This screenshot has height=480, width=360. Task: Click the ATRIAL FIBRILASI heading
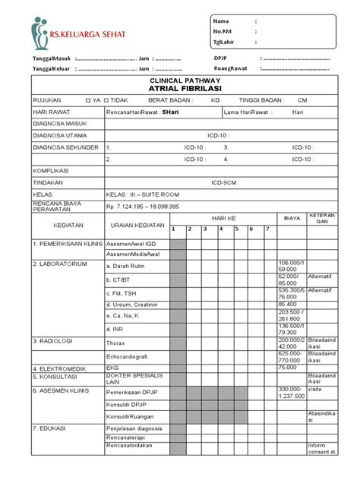point(179,88)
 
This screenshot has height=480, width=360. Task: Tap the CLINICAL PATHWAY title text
point(179,80)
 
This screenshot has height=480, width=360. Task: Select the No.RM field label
point(223,31)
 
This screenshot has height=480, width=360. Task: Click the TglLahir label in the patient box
point(226,42)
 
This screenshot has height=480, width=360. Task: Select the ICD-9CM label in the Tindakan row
point(224,182)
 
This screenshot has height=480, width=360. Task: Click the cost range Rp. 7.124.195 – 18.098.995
point(143,206)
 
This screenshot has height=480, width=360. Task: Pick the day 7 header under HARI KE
point(267,229)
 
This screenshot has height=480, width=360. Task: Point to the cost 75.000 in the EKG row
point(288,366)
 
